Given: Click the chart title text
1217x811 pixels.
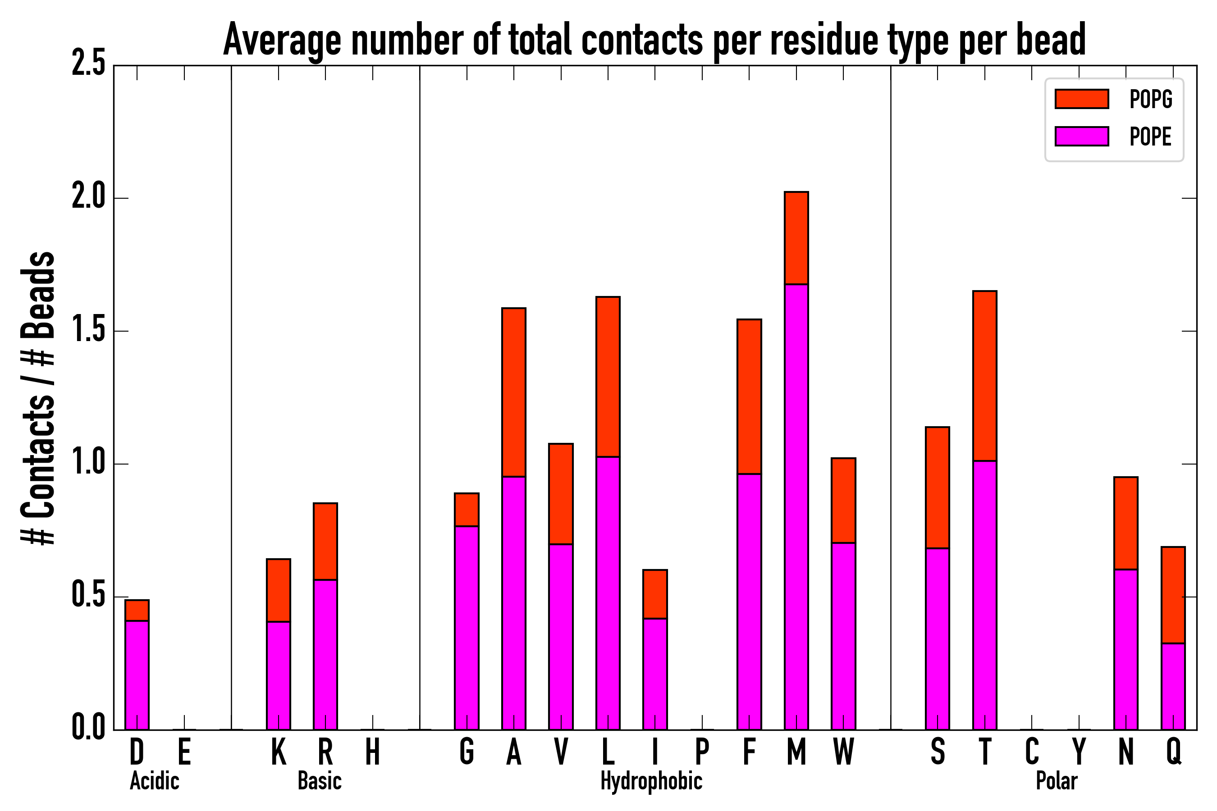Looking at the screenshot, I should tap(654, 41).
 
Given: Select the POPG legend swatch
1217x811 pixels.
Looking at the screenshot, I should tap(1081, 99).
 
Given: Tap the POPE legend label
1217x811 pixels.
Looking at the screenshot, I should tap(1150, 137).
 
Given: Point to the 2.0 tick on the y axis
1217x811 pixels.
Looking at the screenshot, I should tap(88, 198).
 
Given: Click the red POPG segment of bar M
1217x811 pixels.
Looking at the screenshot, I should tap(796, 238).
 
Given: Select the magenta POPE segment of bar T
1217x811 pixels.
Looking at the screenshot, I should tap(984, 595).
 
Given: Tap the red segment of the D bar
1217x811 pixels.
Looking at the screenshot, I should tap(137, 611).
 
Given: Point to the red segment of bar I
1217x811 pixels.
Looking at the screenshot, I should tap(654, 594).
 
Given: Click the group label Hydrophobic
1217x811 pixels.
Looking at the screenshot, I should tap(651, 781).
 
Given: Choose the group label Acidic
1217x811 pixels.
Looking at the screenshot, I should tap(154, 781).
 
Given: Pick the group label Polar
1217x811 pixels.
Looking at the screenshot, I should tap(1056, 781).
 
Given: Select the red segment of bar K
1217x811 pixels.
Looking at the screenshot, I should tap(279, 590).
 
